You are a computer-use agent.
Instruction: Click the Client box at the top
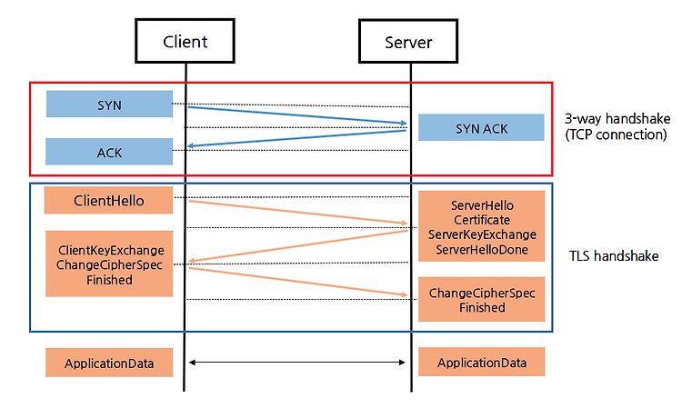(185, 41)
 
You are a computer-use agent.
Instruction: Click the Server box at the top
(408, 41)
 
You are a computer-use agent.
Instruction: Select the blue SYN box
(109, 104)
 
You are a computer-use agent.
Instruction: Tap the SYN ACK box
(481, 127)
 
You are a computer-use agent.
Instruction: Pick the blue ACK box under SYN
(109, 152)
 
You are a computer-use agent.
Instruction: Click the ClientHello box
(108, 200)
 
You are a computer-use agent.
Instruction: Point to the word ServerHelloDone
(482, 250)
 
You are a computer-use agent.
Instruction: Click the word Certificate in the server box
(482, 220)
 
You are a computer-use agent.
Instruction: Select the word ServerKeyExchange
(482, 234)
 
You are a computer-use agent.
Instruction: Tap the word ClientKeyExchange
(111, 250)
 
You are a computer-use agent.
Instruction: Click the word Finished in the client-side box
(109, 280)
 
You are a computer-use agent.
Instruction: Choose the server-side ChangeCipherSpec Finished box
(481, 299)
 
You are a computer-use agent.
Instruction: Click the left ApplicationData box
(109, 363)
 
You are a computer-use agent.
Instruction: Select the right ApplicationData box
(481, 362)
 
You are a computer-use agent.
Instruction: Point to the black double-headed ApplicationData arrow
(297, 362)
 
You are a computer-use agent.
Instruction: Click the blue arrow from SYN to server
(297, 115)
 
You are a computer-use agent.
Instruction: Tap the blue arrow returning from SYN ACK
(296, 138)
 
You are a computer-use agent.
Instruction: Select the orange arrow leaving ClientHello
(298, 212)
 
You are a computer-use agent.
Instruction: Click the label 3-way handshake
(617, 119)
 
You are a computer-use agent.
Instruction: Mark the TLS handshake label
(614, 256)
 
